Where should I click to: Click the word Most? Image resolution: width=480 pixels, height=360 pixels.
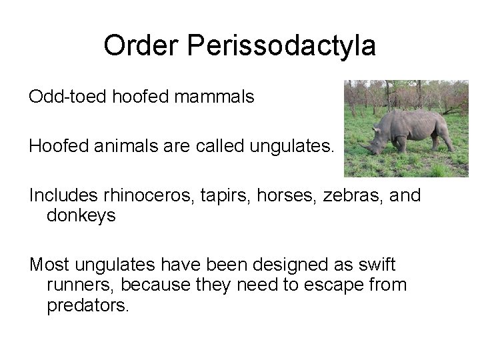(x=49, y=265)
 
